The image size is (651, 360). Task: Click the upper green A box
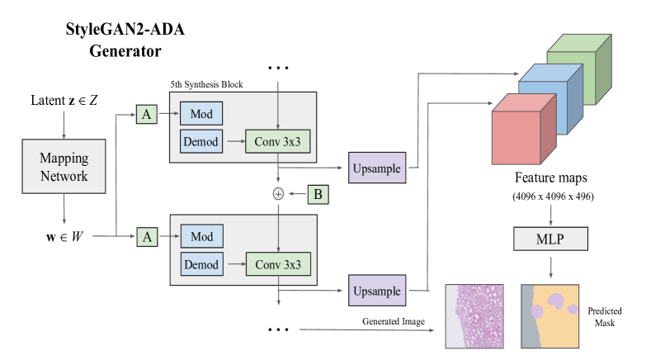point(147,116)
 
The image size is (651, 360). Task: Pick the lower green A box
point(147,236)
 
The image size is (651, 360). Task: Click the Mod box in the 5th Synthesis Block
point(201,113)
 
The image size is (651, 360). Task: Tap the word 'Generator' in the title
point(125,50)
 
